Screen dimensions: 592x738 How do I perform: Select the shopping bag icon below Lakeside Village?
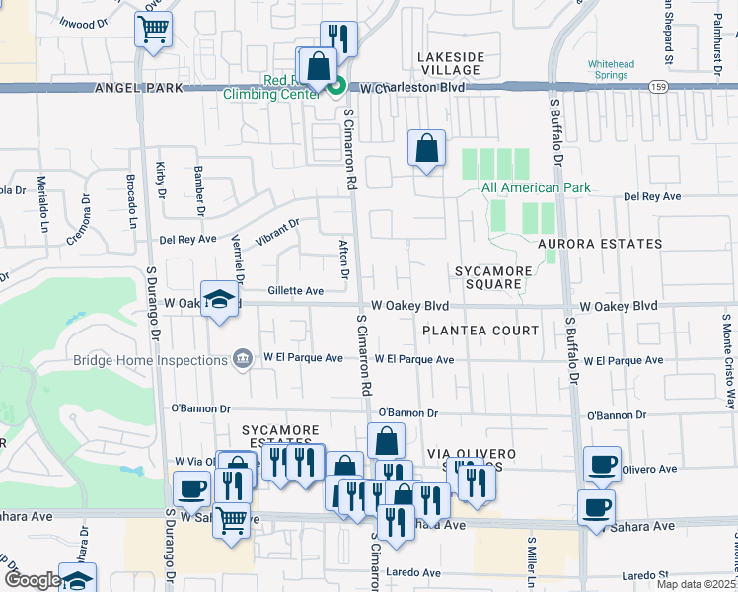(x=426, y=149)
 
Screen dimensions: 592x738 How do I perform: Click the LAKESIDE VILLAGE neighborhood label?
(x=449, y=63)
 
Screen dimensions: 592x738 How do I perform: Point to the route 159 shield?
(x=657, y=88)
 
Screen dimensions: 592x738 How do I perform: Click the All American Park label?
(x=535, y=187)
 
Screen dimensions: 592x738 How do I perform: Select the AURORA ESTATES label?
(x=599, y=244)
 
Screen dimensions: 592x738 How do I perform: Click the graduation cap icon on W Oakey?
(x=218, y=300)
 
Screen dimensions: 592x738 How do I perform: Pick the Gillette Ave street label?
(x=296, y=291)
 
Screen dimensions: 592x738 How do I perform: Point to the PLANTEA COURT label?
(x=480, y=331)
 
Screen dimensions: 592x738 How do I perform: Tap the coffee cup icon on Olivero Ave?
(x=602, y=464)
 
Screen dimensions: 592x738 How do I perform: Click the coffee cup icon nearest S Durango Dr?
(x=191, y=487)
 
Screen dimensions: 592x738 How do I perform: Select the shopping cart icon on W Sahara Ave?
(x=231, y=518)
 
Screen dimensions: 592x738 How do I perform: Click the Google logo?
(x=33, y=580)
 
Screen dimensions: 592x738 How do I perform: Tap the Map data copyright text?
(x=696, y=584)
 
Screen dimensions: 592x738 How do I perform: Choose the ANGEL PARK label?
(x=139, y=89)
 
